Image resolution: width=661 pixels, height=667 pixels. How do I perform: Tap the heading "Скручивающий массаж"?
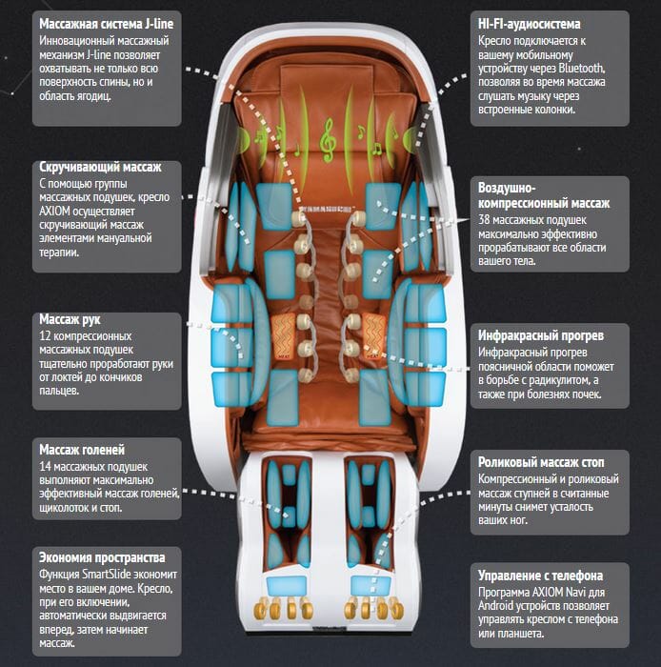click(100, 167)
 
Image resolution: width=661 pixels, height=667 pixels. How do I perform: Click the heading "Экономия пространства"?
click(103, 557)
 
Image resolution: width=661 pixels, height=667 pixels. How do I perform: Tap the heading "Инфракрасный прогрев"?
click(540, 336)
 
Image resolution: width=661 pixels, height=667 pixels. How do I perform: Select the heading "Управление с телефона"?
click(540, 576)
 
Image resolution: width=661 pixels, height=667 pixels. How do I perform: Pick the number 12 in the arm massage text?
click(46, 337)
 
